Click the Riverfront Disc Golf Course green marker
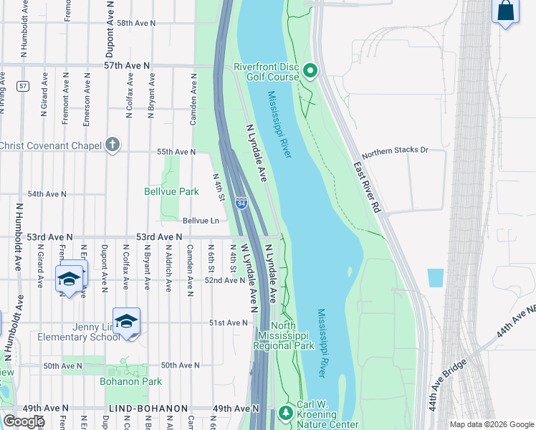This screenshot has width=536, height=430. click(x=310, y=70)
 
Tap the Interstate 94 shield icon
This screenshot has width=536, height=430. click(x=241, y=204)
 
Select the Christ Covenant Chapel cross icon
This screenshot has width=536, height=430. click(x=112, y=145)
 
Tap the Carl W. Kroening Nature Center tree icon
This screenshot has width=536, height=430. click(x=286, y=413)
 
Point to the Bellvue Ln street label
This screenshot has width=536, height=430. click(x=201, y=221)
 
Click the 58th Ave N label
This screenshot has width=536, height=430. click(x=136, y=23)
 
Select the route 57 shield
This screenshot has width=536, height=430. click(x=24, y=86)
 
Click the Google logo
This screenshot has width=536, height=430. click(x=24, y=421)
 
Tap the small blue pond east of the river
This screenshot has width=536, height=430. click(x=435, y=278)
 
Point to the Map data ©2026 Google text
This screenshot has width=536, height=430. click(x=492, y=424)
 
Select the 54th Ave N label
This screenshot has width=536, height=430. click(x=47, y=194)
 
